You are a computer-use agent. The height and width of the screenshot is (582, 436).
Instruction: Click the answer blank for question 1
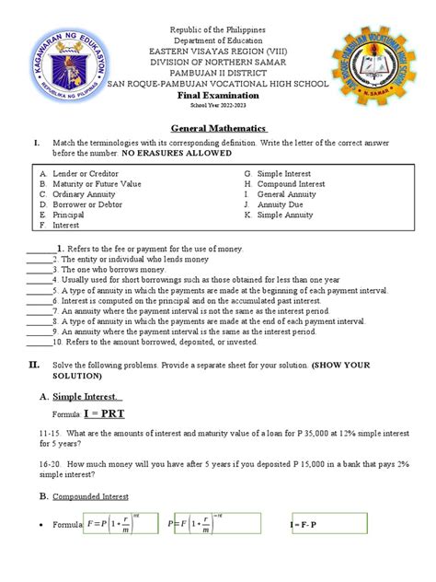tap(39, 250)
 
